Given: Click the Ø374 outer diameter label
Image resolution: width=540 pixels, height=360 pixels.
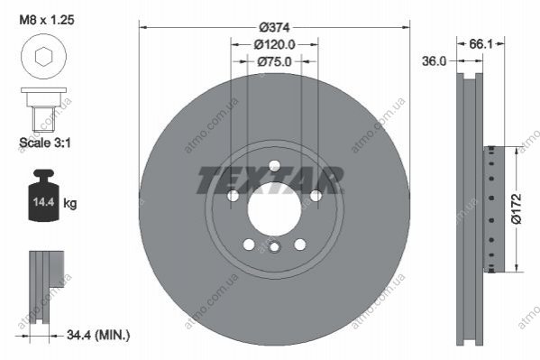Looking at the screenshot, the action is [x=274, y=27].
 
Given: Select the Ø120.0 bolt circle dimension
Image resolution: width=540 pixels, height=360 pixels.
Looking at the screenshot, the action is [x=274, y=44].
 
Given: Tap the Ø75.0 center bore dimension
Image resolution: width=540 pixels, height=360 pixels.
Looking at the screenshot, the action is [x=274, y=61].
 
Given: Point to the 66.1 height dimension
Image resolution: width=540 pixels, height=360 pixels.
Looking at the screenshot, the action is [x=481, y=44].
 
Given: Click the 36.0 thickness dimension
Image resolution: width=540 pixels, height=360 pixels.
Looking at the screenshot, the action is [x=434, y=61].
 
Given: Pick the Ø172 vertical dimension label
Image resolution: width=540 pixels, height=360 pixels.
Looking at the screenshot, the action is [x=517, y=208].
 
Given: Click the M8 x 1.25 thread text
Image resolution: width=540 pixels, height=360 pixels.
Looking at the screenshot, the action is [x=47, y=20].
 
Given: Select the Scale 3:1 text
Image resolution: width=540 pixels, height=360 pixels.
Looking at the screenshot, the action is [x=45, y=143].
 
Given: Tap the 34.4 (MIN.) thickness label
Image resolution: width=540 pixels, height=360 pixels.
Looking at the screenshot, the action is [x=98, y=335].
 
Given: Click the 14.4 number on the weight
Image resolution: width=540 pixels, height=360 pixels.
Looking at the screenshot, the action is [x=44, y=202].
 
